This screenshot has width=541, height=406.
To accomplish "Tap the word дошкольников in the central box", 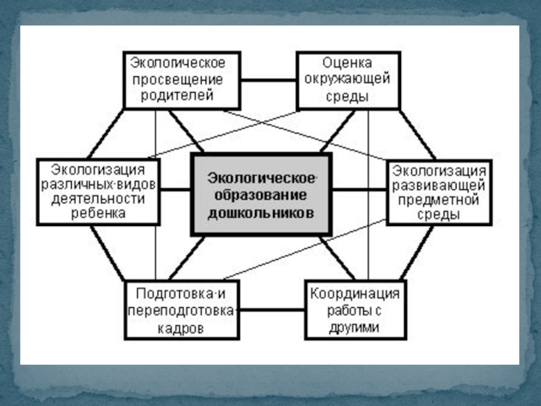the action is [260, 212].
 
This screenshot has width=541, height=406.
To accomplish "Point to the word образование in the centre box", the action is [261, 195].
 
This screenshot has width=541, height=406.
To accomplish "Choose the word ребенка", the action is [99, 212].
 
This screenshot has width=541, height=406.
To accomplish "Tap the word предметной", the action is [439, 200].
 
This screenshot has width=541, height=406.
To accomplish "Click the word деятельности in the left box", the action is [99, 198].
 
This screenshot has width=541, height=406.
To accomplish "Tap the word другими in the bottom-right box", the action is [355, 328].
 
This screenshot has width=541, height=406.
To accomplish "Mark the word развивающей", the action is [439, 184].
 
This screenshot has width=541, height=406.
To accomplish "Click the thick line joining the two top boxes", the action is [269, 80].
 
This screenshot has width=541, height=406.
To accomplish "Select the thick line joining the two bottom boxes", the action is [273, 311].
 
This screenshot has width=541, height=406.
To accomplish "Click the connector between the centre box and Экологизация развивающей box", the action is [359, 189].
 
